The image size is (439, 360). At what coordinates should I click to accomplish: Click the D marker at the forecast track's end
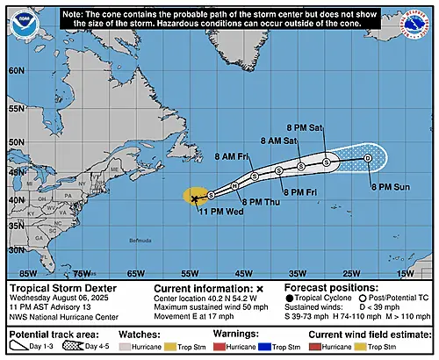(x=367, y=158)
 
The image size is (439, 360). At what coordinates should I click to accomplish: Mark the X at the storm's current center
(x=194, y=198)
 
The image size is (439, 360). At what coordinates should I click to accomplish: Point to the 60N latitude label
(x=15, y=70)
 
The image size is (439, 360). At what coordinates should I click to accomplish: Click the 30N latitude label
(x=15, y=249)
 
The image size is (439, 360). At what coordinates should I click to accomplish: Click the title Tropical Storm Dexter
(x=59, y=288)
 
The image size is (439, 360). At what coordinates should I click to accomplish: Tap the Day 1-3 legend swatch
(x=24, y=349)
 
